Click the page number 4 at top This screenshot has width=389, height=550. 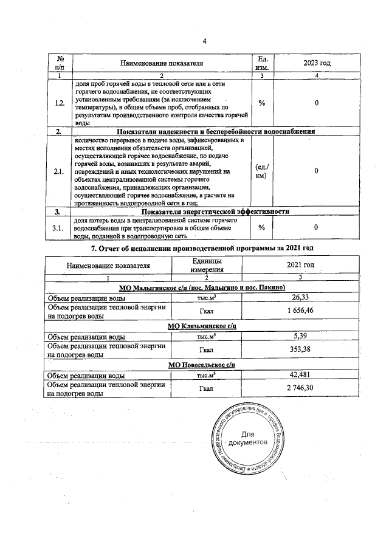(204, 41)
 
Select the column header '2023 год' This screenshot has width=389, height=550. (317, 62)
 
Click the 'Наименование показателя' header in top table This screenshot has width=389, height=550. (161, 62)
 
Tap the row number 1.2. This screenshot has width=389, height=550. (60, 103)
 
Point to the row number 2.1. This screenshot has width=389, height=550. (60, 172)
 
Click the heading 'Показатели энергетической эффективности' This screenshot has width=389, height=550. (215, 211)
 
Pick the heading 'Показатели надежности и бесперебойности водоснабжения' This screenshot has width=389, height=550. (215, 132)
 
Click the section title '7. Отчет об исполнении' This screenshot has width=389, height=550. (201, 250)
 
